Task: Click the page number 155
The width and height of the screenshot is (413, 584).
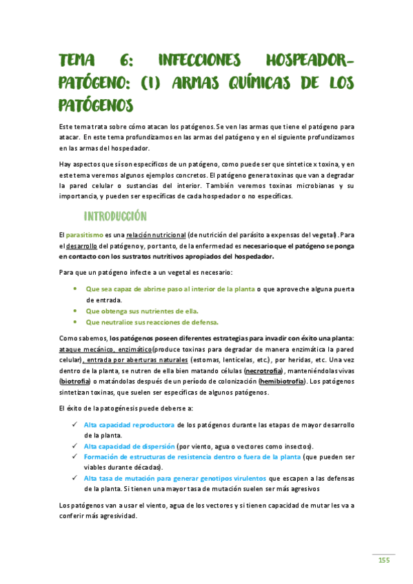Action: click(384, 560)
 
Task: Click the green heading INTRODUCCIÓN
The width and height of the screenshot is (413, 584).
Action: click(115, 216)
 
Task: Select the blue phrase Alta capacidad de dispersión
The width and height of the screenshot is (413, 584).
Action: click(129, 446)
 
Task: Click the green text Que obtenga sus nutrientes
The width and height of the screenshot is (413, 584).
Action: click(130, 311)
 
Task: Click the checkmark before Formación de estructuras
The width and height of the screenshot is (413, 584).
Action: click(74, 457)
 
